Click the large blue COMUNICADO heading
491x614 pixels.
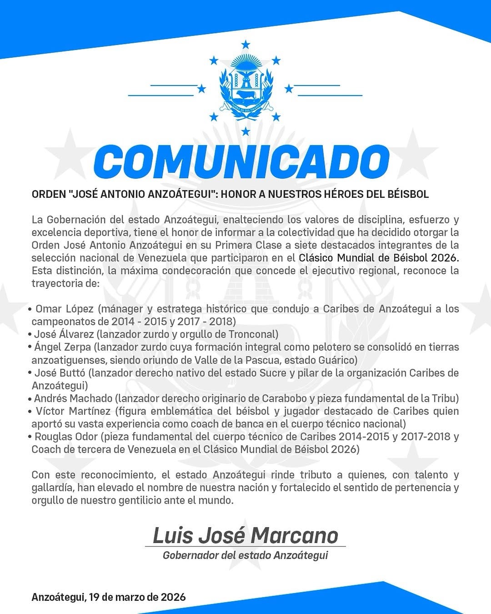point(241,162)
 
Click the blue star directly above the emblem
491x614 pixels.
point(245,45)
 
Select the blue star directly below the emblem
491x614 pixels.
point(245,131)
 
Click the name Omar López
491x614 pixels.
point(65,309)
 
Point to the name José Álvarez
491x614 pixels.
point(64,334)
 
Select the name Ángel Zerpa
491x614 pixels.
point(63,347)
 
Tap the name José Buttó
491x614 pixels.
point(60,373)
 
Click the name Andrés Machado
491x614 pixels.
point(73,398)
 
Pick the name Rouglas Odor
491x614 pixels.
point(66,437)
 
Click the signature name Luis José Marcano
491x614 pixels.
point(245,535)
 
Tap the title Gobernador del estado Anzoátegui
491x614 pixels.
point(245,555)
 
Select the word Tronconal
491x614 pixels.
point(253,334)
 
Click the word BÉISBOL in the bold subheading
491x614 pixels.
point(408,194)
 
